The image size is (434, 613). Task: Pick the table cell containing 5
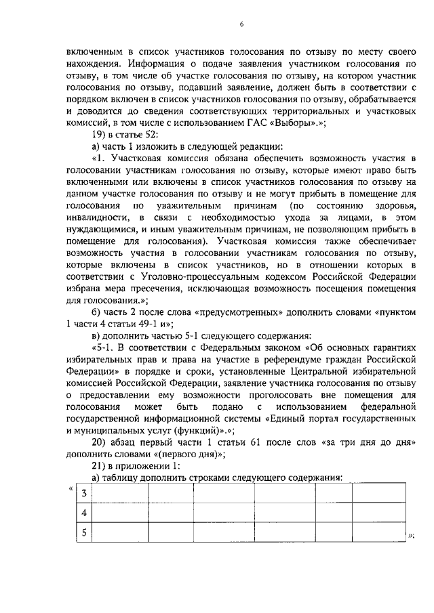[x=83, y=532]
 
